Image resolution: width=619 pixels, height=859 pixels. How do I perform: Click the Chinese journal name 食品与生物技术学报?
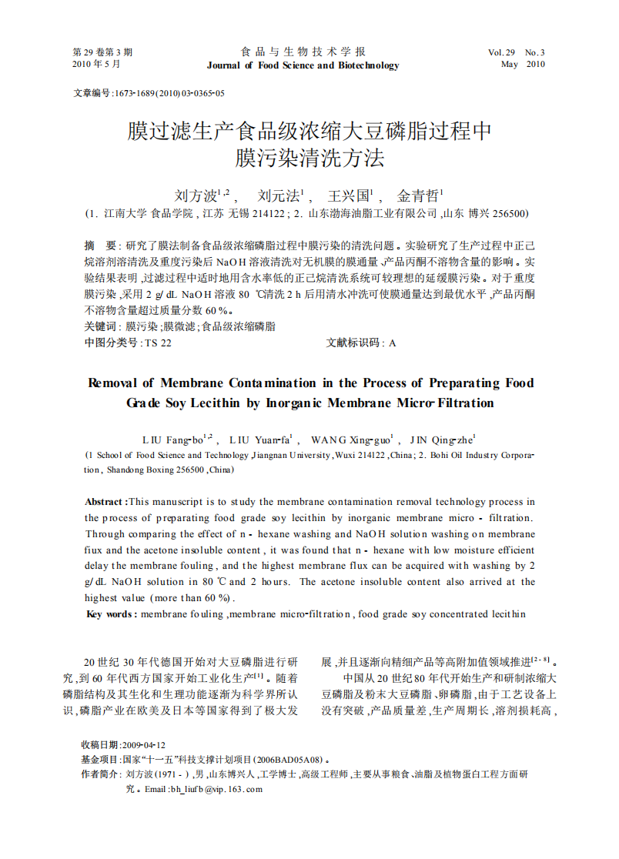[x=303, y=52]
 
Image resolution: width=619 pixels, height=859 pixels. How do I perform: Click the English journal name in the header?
[x=303, y=65]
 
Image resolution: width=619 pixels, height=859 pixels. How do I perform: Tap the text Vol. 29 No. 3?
[x=517, y=52]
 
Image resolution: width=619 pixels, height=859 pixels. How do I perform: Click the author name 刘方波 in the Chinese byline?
[x=195, y=196]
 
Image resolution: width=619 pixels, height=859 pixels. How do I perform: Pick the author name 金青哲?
[x=416, y=196]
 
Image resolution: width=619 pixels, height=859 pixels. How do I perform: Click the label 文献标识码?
[x=354, y=343]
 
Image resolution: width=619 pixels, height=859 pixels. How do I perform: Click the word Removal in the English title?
[x=115, y=383]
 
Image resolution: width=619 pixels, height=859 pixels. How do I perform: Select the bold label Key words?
[x=111, y=614]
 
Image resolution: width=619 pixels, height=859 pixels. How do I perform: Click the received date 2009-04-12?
[x=143, y=745]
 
